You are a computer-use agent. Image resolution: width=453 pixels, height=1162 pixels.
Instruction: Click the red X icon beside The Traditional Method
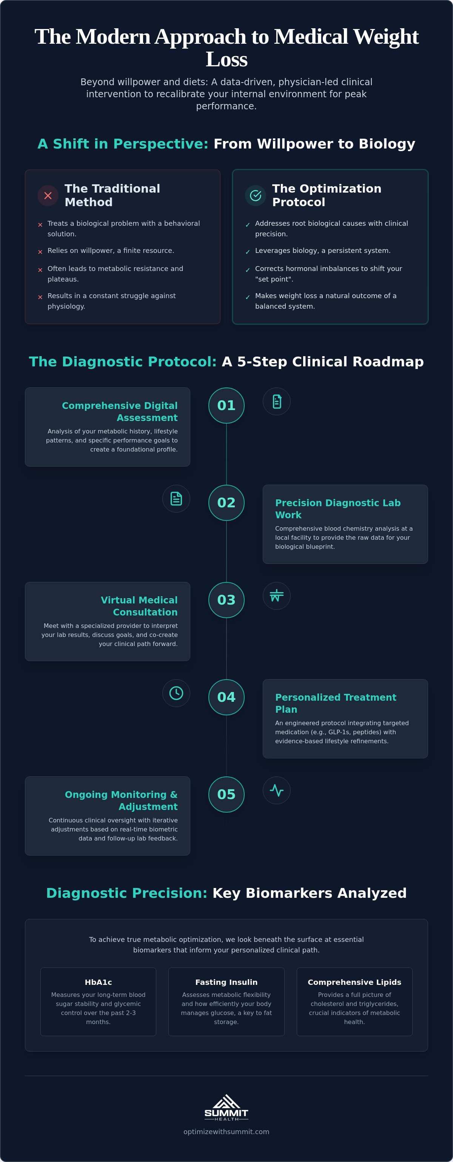point(48,195)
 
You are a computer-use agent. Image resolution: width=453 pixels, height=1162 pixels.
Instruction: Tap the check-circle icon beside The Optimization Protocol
point(256,195)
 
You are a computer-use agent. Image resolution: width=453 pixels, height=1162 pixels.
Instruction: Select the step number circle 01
point(226,406)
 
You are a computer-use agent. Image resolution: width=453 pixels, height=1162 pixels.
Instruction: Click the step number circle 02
point(226,502)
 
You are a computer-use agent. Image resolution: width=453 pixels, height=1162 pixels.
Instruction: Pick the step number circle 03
point(226,600)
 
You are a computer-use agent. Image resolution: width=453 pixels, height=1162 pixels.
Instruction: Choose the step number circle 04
point(226,697)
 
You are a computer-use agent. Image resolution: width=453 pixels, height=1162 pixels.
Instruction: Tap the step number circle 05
point(226,795)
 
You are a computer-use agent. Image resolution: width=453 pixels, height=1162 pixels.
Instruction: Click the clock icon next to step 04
point(176,693)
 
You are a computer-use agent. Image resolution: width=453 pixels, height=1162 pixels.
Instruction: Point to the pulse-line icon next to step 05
point(276,790)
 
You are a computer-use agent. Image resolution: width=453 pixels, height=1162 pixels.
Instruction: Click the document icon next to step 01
point(276,401)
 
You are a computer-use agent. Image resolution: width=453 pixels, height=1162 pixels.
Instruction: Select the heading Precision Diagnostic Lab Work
point(338,509)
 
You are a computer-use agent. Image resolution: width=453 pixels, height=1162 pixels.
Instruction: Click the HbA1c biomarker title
point(99,982)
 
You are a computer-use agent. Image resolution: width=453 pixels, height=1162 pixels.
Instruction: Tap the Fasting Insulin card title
point(226,982)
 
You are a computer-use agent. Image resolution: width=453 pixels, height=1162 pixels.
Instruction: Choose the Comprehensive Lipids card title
point(354,982)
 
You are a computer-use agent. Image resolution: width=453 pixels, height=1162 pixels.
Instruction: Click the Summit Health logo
point(226,1107)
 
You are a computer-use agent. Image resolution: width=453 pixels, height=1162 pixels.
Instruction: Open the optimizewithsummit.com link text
point(226,1132)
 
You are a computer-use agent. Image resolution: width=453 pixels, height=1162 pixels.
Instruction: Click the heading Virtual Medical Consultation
point(139,606)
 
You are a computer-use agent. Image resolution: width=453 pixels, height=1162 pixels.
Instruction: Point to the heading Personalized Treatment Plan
point(336,703)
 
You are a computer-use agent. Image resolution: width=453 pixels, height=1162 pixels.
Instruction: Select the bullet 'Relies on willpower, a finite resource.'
point(111,251)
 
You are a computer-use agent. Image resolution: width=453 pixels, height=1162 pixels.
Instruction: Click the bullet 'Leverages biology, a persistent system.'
point(323,251)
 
